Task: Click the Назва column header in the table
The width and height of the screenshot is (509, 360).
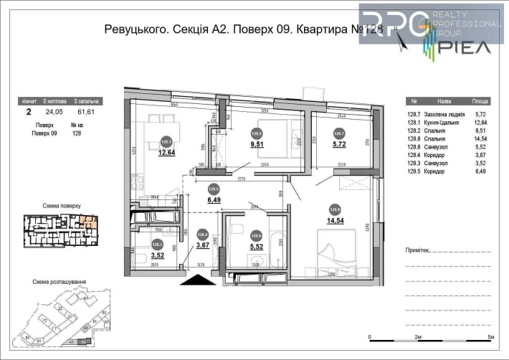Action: tap(444, 103)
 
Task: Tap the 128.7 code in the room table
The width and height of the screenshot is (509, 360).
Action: tap(414, 113)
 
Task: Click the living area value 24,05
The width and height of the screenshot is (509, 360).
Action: tap(54, 112)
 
